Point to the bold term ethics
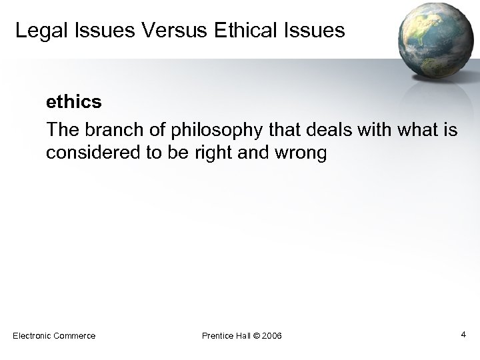click(x=73, y=101)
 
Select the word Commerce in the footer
click(x=74, y=335)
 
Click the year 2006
click(x=273, y=335)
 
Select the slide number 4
click(x=463, y=333)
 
